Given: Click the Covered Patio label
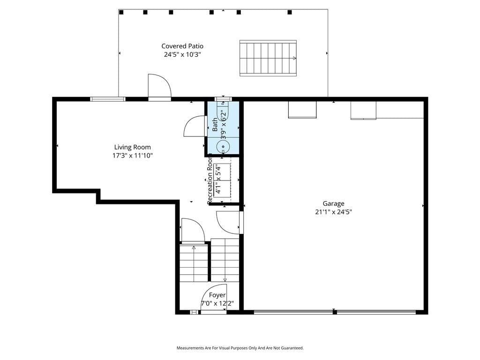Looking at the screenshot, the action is pyautogui.click(x=182, y=46).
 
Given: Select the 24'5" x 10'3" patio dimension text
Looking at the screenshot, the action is pyautogui.click(x=182, y=55).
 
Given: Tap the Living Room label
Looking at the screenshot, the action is pyautogui.click(x=132, y=147).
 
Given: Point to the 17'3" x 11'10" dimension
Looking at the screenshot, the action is pyautogui.click(x=132, y=156).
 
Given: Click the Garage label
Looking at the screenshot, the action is pyautogui.click(x=333, y=203).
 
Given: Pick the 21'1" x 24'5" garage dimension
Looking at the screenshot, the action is pyautogui.click(x=333, y=212).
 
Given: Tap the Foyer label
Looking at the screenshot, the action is pyautogui.click(x=217, y=295).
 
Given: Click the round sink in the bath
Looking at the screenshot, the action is pyautogui.click(x=223, y=147).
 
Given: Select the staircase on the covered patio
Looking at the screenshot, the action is pyautogui.click(x=268, y=58).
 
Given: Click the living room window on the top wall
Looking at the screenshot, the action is pyautogui.click(x=108, y=99).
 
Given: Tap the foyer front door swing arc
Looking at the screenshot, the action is pyautogui.click(x=208, y=291).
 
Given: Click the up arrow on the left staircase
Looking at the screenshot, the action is pyautogui.click(x=194, y=248).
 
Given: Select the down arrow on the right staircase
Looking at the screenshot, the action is pyautogui.click(x=225, y=279).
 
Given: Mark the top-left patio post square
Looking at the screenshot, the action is pyautogui.click(x=121, y=12).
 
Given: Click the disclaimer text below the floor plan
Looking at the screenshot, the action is pyautogui.click(x=240, y=348).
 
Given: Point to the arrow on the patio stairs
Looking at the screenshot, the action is pyautogui.click(x=294, y=58).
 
